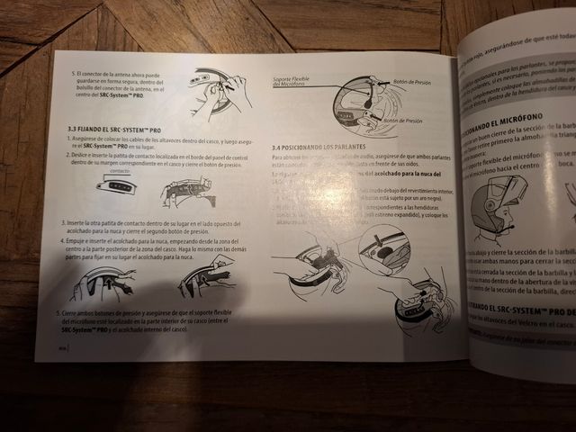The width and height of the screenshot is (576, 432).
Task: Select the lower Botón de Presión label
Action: tap(403, 119)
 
